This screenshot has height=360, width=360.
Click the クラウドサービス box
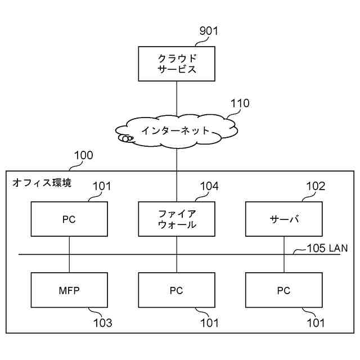[x=177, y=64]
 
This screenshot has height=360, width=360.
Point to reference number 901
[x=208, y=31]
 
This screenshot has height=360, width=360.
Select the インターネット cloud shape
[x=177, y=130]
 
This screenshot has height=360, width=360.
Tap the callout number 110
[x=240, y=103]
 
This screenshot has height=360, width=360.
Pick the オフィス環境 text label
[x=42, y=183]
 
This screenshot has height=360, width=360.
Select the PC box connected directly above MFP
[x=69, y=219]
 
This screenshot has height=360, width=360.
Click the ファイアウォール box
[x=177, y=219]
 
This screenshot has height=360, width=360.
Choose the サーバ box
[x=283, y=219]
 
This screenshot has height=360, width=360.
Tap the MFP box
[x=69, y=290]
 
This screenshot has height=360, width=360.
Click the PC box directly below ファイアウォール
[x=177, y=290]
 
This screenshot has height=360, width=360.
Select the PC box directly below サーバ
[x=283, y=290]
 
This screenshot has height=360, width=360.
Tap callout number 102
[x=316, y=186]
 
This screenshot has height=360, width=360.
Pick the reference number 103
[x=102, y=323]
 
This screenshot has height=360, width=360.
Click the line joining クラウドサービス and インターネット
[x=177, y=99]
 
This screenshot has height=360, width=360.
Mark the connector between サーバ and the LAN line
[x=283, y=245]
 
